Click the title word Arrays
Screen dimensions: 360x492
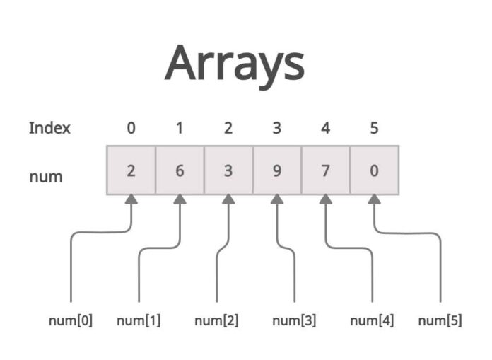pyautogui.click(x=235, y=64)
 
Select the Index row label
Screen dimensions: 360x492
pyautogui.click(x=49, y=128)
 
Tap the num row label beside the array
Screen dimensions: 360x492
pyautogui.click(x=45, y=176)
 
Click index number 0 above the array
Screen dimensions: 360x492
pyautogui.click(x=131, y=128)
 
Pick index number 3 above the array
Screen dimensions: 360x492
pyautogui.click(x=276, y=128)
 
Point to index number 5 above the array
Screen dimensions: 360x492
pyautogui.click(x=374, y=128)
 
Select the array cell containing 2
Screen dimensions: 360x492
pyautogui.click(x=131, y=170)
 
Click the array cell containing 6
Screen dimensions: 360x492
pyautogui.click(x=180, y=170)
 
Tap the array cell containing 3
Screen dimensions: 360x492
pyautogui.click(x=228, y=170)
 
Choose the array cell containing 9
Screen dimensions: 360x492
pyautogui.click(x=276, y=170)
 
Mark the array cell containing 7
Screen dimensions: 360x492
pyautogui.click(x=325, y=170)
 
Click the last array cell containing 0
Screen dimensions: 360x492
pyautogui.click(x=374, y=170)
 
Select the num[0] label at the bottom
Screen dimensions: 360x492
pyautogui.click(x=71, y=320)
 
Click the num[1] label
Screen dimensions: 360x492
pyautogui.click(x=139, y=320)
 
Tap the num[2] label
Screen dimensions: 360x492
pyautogui.click(x=216, y=320)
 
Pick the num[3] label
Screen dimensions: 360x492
pyautogui.click(x=294, y=320)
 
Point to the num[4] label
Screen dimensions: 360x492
pyautogui.click(x=372, y=320)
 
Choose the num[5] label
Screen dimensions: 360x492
pyautogui.click(x=440, y=320)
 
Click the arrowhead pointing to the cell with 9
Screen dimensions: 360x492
pyautogui.click(x=276, y=201)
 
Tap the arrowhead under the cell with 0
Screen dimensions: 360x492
pyautogui.click(x=374, y=201)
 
